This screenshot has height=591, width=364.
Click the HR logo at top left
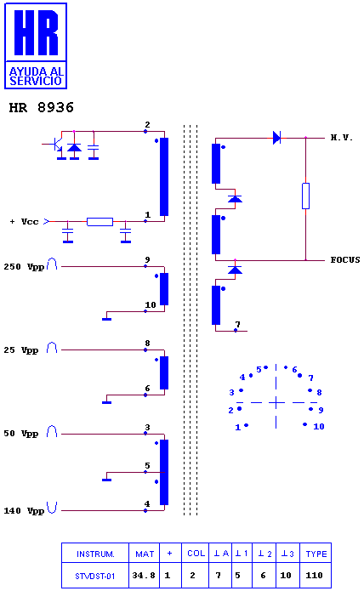click(x=36, y=46)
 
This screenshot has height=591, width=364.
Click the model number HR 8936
click(x=41, y=107)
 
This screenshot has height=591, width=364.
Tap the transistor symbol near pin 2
click(x=57, y=144)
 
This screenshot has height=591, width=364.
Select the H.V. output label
click(x=341, y=138)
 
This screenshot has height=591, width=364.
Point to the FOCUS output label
click(x=345, y=259)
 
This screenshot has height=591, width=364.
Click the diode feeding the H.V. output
click(x=277, y=138)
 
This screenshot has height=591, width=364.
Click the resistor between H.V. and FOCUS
click(x=305, y=196)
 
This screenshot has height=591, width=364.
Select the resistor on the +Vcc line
click(x=100, y=222)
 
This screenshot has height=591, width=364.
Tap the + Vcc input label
click(x=25, y=222)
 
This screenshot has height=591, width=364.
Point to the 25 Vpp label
click(x=21, y=350)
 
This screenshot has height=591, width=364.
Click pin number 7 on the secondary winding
click(x=237, y=324)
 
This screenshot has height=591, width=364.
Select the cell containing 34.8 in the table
click(x=144, y=575)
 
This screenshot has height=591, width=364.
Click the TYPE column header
click(x=316, y=554)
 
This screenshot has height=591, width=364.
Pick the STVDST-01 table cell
click(x=95, y=576)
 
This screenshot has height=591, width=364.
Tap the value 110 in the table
click(x=314, y=575)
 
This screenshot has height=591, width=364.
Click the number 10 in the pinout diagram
click(x=319, y=426)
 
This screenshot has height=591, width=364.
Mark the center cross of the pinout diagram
click(x=276, y=402)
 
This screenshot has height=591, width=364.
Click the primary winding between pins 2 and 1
click(x=164, y=177)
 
